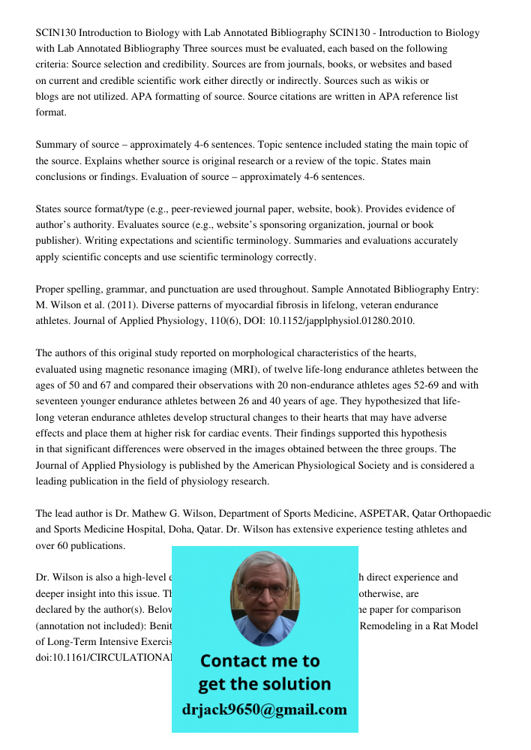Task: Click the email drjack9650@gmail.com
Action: pyautogui.click(x=264, y=709)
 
